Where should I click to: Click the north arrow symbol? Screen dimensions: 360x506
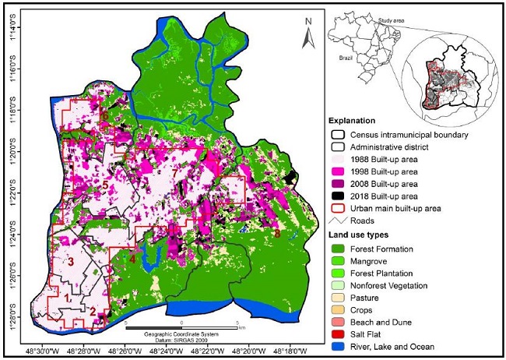click(308, 33)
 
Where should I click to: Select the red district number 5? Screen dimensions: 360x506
click(104, 185)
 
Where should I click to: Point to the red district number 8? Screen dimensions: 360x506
click(276, 232)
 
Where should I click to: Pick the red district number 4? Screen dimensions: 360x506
click(132, 259)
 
